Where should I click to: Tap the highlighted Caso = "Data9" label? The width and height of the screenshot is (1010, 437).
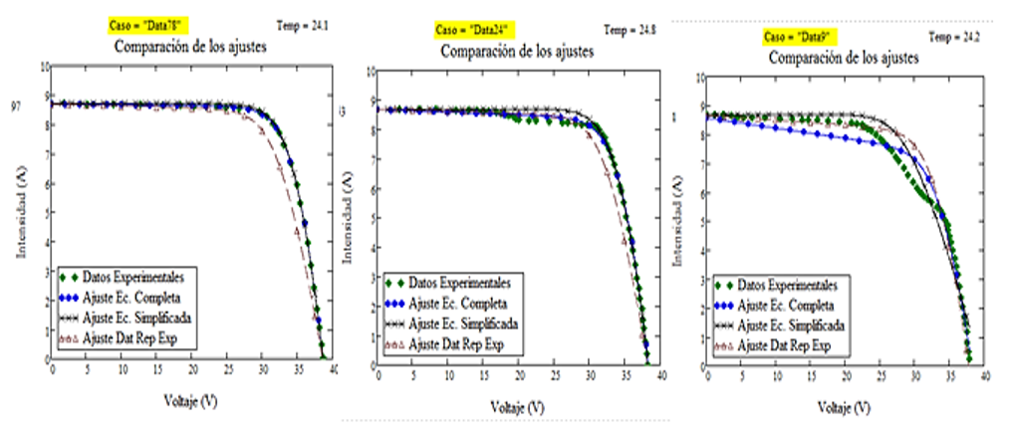[x=799, y=37]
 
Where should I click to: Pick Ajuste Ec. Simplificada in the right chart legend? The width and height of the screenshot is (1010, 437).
[x=793, y=326]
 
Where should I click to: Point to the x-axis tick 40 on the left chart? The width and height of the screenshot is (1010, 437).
[x=334, y=369]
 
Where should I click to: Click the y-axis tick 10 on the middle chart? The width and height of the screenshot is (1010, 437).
[x=371, y=72]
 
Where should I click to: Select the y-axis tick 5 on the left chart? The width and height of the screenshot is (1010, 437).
[x=44, y=212]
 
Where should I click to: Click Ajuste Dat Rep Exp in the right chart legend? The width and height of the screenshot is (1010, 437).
[x=786, y=345]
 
